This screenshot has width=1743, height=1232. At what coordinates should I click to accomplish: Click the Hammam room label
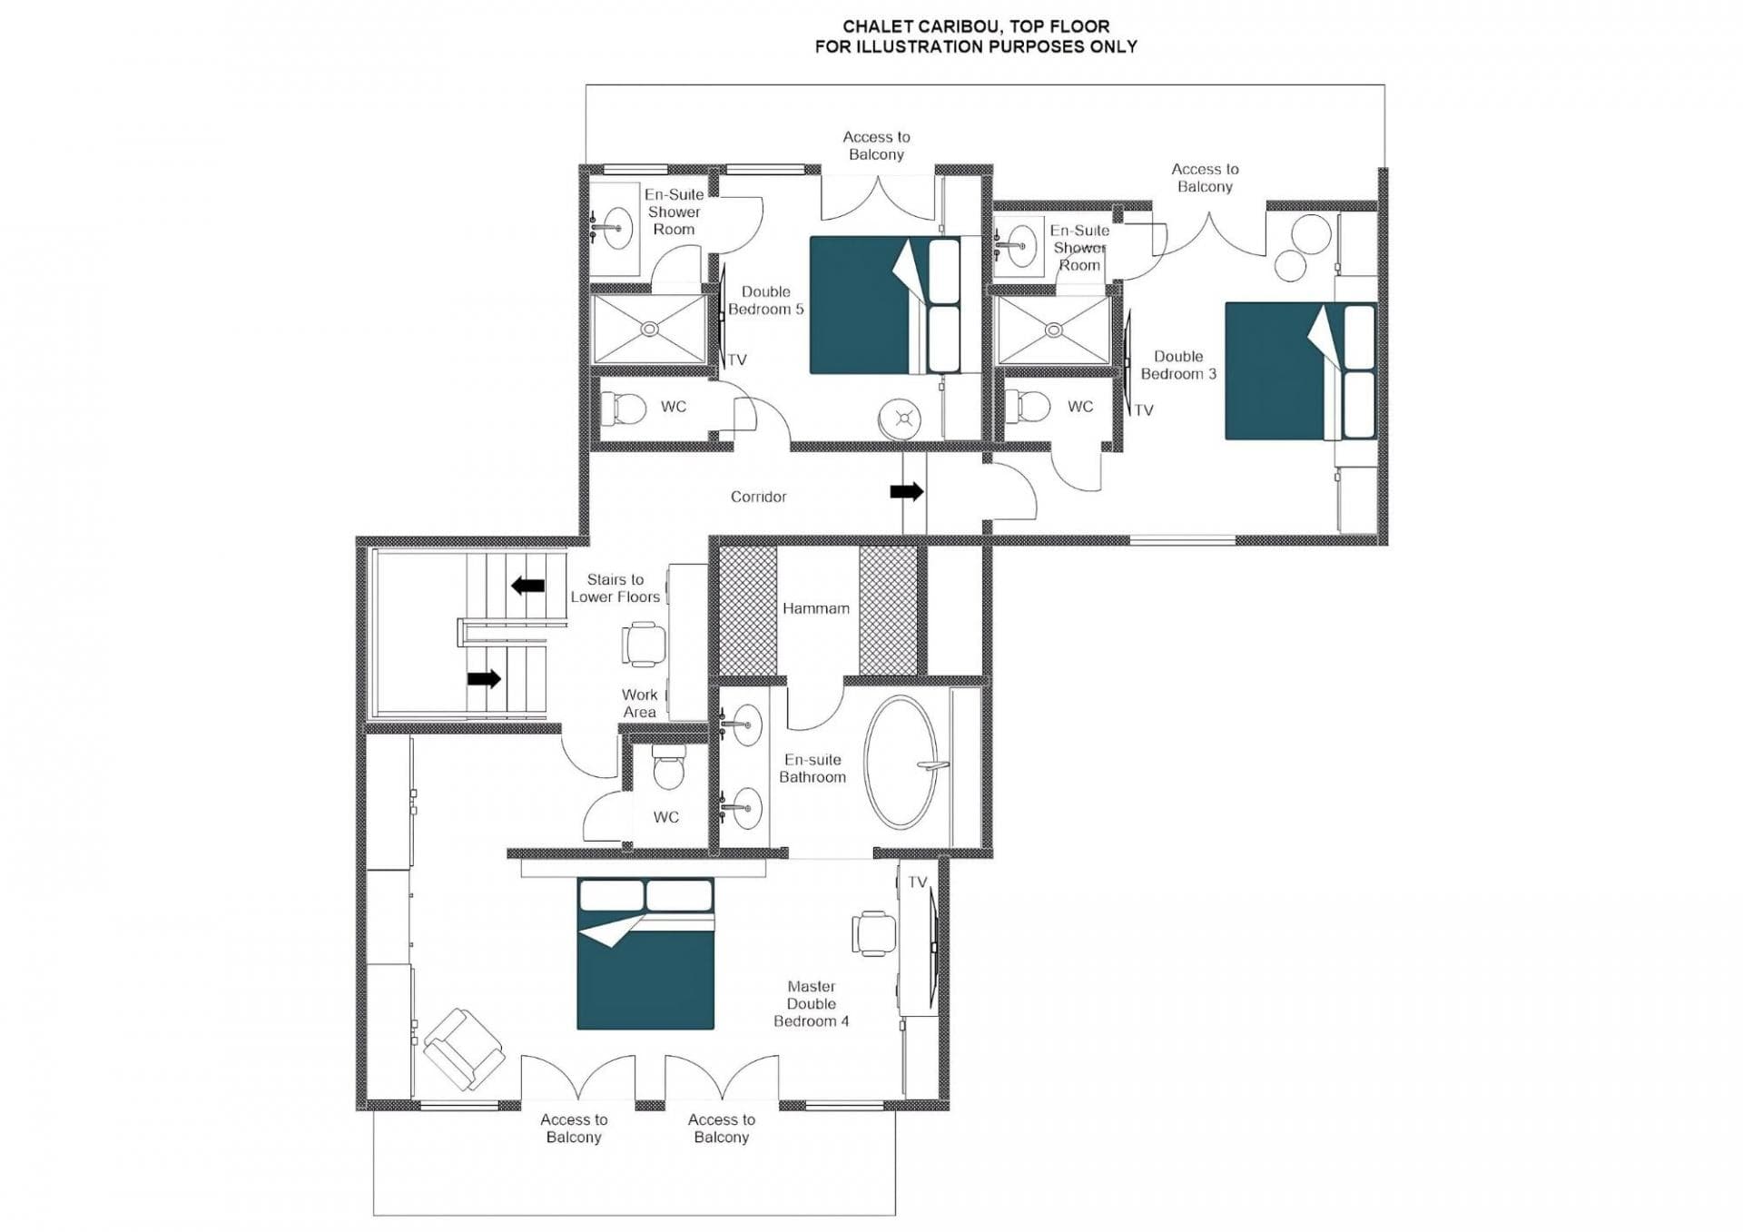coord(815,608)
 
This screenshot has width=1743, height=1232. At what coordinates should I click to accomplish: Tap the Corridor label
coord(758,497)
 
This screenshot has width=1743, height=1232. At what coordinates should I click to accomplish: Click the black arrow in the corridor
coord(906,491)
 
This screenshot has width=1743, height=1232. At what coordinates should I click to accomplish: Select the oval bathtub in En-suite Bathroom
coord(901,762)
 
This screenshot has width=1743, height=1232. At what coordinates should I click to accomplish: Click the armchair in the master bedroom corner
coord(463,1049)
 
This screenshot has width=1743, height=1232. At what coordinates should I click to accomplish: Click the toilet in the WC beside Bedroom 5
coord(625,408)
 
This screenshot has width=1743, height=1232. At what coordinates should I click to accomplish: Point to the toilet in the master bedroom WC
coord(669,770)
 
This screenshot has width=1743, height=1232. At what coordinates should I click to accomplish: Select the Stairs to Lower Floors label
coord(615,587)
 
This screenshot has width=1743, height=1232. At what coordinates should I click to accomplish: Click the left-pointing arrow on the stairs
coord(527,586)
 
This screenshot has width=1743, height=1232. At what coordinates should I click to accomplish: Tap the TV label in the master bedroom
coord(917,882)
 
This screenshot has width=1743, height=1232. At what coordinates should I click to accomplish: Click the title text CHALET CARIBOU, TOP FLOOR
coord(975,26)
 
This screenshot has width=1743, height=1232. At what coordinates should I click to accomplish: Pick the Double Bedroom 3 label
coord(1177,365)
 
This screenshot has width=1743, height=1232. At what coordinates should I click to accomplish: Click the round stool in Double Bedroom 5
coord(900,419)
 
